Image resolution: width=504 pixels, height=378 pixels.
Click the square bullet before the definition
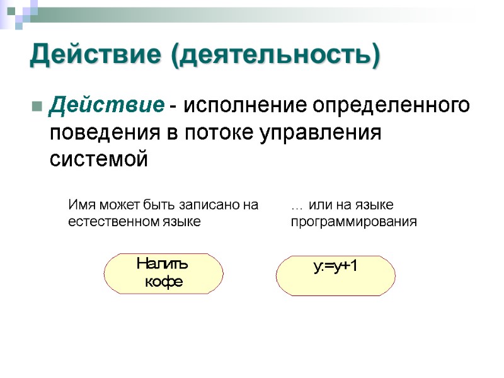click(35, 105)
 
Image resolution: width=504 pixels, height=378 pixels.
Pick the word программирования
click(353, 222)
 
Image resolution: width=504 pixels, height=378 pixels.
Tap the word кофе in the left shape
click(164, 282)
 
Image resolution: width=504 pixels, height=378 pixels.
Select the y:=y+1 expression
click(335, 266)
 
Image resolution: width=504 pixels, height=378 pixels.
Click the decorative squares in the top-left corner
click(19, 13)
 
